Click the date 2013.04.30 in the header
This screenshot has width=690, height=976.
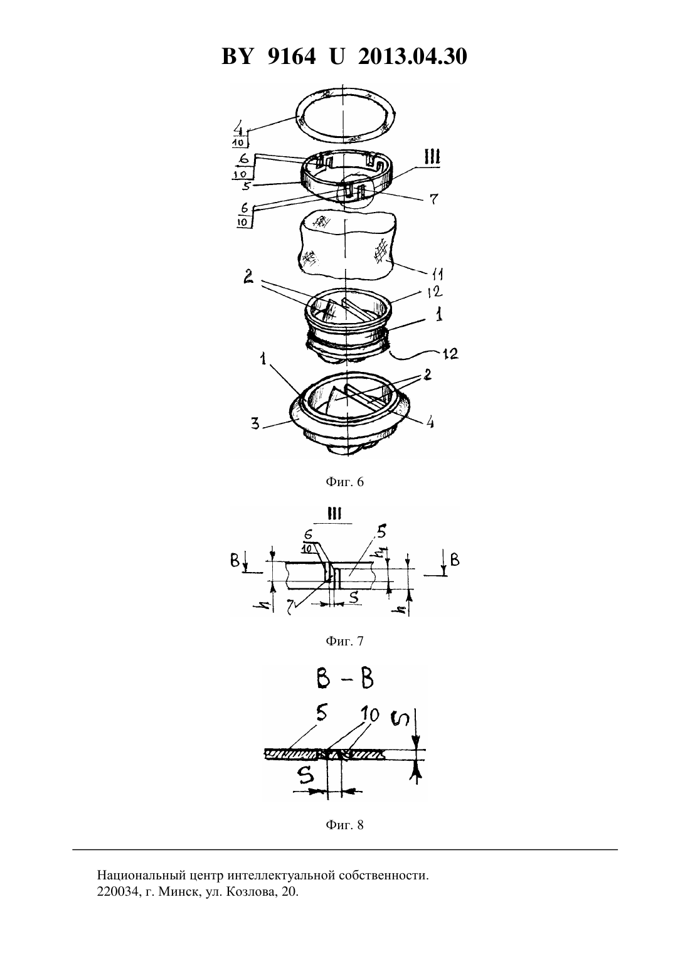[412, 56]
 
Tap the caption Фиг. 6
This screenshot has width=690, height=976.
[344, 482]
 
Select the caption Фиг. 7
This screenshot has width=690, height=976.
[344, 641]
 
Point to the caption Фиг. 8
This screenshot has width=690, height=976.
[344, 824]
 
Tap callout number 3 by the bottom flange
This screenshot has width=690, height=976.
[255, 423]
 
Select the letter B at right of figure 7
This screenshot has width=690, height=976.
[454, 560]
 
